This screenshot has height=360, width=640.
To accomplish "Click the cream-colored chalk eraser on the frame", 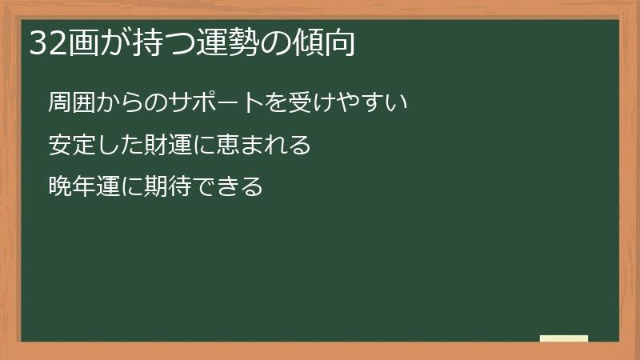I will click(x=563, y=338).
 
